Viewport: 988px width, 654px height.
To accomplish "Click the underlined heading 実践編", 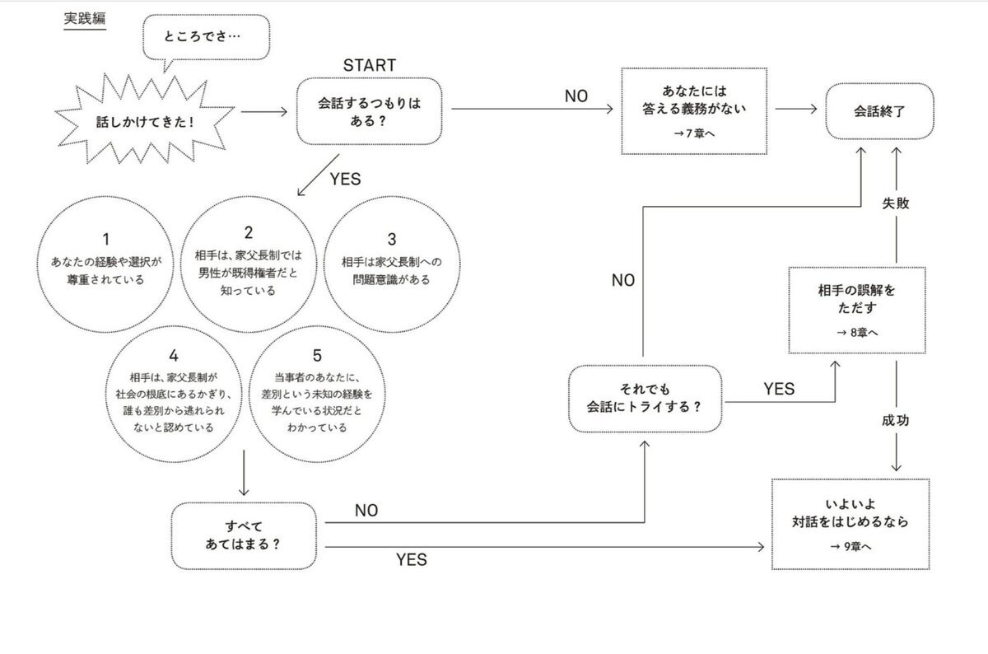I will point(85,19).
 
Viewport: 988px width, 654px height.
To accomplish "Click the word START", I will point(369,65).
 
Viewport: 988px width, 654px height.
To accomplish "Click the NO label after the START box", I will point(576,96).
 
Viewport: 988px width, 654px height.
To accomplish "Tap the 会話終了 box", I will point(880,110).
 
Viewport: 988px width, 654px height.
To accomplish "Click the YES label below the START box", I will point(345,179).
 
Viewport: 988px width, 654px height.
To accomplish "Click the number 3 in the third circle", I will point(392,240).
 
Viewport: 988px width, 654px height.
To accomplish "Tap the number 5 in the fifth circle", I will point(317,357).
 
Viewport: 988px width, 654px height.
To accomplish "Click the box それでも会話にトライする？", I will point(645,397).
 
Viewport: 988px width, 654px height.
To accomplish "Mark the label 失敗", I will point(895,203).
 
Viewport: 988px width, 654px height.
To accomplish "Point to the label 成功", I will point(895,420).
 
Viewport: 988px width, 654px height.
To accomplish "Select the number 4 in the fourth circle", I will point(173,356).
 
